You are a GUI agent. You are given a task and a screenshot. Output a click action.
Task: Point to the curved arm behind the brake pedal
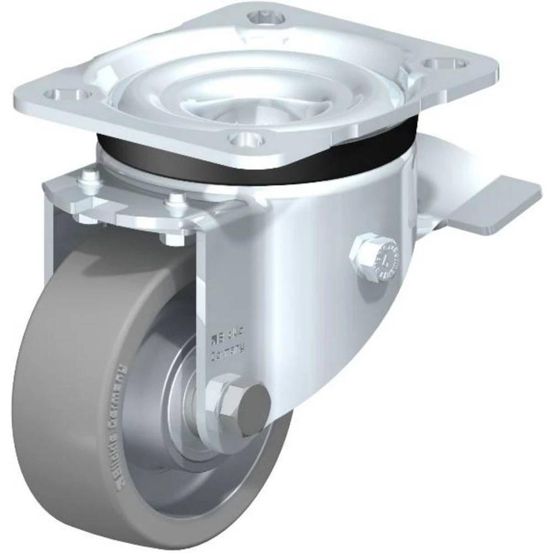click(x=437, y=177)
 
